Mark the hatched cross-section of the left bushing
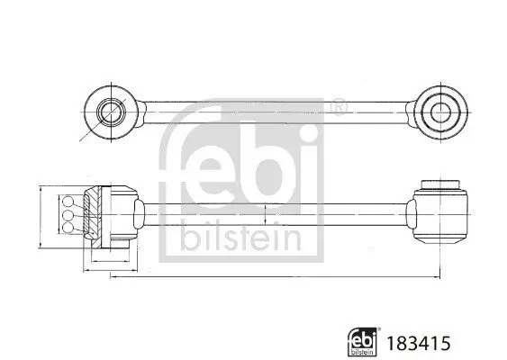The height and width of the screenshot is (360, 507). click(x=93, y=216)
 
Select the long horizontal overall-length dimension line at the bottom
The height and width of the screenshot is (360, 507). click(x=270, y=276)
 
